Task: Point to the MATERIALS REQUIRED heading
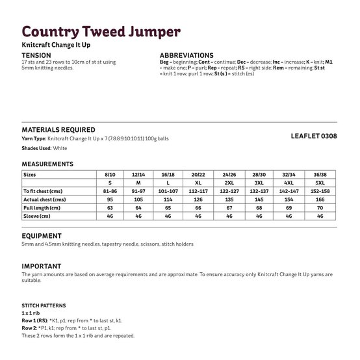[x=58, y=130]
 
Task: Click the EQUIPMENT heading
[x=42, y=236]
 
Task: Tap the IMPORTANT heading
[x=42, y=266]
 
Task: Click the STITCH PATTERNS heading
[x=44, y=305]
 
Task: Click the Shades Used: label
[x=37, y=148]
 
